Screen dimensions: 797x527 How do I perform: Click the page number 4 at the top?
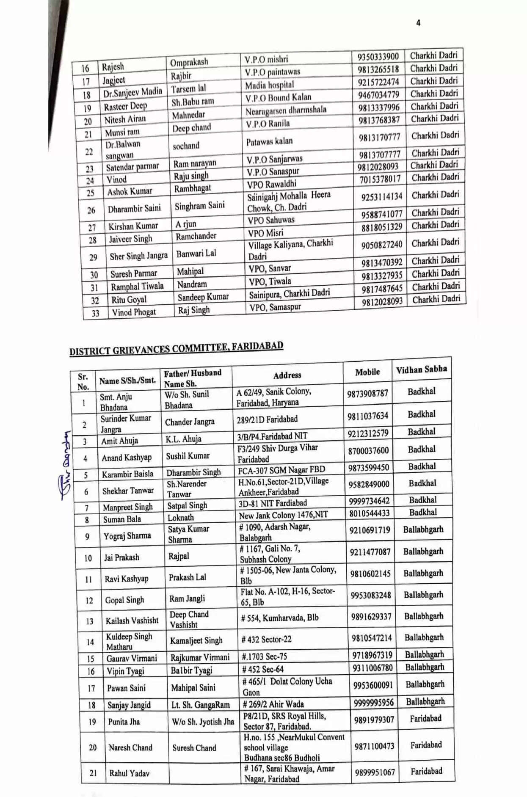click(x=418, y=23)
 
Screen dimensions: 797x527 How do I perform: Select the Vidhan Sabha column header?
click(x=421, y=370)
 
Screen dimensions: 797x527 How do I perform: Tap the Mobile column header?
click(x=367, y=372)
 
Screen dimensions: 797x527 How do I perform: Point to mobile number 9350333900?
click(x=378, y=57)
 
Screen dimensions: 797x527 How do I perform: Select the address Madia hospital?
click(x=269, y=85)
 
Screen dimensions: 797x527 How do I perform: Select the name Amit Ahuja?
click(x=119, y=441)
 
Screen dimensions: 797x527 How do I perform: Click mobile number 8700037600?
click(x=368, y=451)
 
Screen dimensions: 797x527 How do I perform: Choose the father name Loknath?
click(x=181, y=518)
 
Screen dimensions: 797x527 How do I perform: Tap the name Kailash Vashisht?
click(x=132, y=621)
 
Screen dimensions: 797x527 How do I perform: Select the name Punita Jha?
click(x=124, y=722)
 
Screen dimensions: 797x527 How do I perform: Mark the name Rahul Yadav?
click(x=129, y=773)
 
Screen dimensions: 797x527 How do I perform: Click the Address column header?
click(x=287, y=375)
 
